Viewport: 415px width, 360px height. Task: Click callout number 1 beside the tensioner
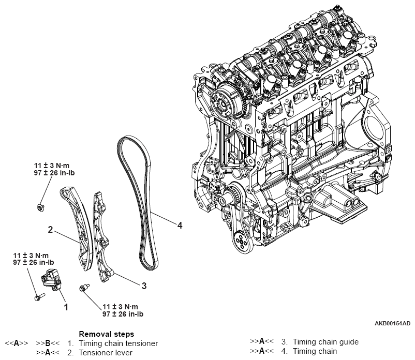66,306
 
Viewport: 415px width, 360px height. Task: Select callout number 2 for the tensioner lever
51,229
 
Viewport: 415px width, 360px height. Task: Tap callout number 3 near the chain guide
144,284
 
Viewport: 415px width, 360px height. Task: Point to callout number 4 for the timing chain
179,225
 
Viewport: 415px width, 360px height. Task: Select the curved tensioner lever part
75,223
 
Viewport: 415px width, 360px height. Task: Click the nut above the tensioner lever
40,207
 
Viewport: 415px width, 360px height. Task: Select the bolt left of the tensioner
37,298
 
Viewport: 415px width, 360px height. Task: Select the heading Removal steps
106,334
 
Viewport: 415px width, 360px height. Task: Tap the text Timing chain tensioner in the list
118,342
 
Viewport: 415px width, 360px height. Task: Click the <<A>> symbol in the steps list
16,342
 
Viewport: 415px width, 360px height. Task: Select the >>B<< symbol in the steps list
49,342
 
